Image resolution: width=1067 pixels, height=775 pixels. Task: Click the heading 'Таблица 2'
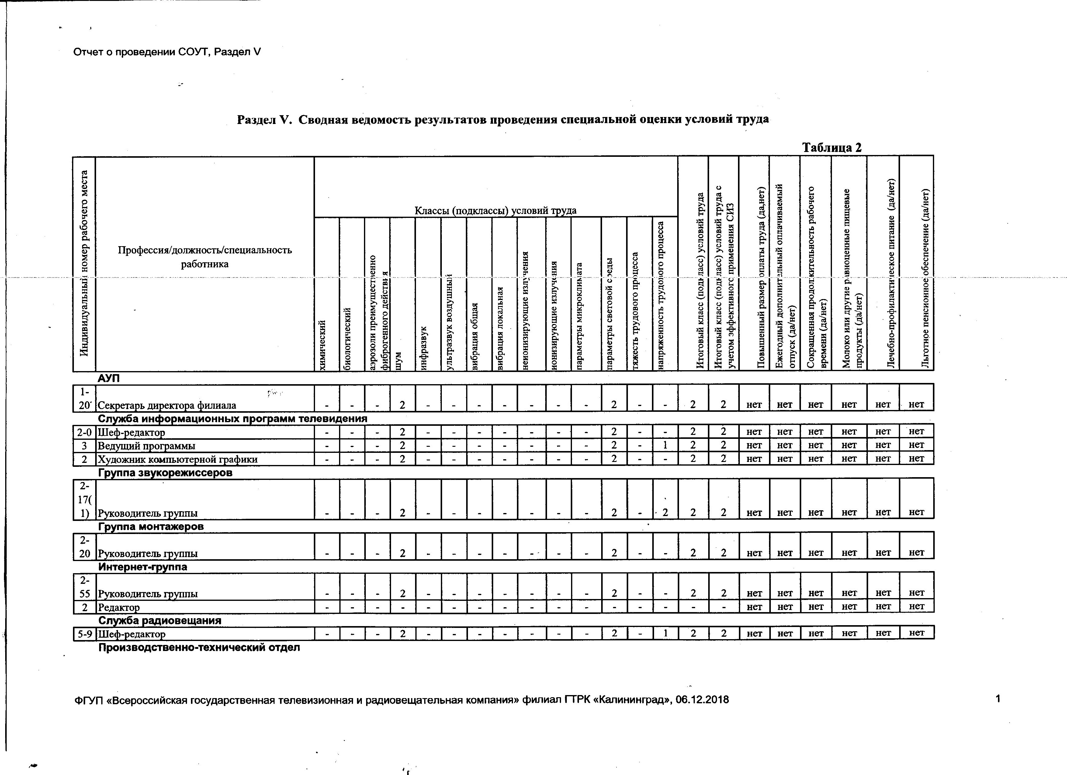click(x=831, y=148)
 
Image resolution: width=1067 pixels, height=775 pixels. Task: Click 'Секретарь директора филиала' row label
click(x=167, y=405)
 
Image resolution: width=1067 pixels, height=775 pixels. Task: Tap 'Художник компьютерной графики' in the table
click(x=177, y=460)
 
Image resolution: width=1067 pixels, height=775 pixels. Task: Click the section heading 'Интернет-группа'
click(x=143, y=567)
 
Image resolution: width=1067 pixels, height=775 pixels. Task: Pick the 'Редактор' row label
click(x=119, y=608)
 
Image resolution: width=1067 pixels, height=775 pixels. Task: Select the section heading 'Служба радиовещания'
click(x=159, y=620)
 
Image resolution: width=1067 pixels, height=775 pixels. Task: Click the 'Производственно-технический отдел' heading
click(x=199, y=648)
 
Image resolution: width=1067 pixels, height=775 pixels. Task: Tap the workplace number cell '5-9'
click(x=85, y=634)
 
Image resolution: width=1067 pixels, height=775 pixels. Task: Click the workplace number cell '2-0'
click(x=84, y=432)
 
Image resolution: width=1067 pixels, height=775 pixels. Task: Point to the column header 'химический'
click(x=322, y=345)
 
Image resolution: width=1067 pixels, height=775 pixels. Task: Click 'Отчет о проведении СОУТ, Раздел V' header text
click(x=167, y=52)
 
